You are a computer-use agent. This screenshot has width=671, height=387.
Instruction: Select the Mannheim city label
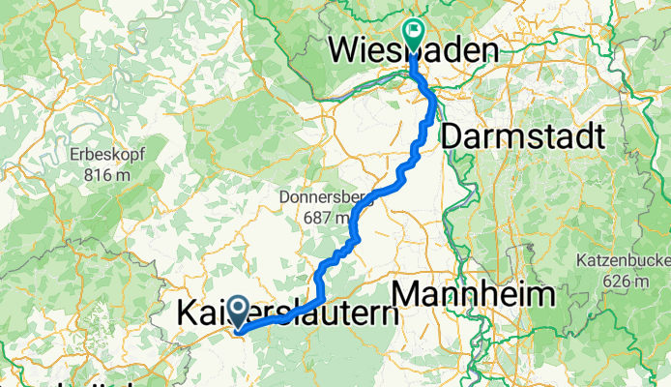(x=474, y=294)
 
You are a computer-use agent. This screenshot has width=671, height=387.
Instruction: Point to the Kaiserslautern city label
(x=288, y=314)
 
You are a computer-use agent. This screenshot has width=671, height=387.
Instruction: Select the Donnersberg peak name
(x=318, y=197)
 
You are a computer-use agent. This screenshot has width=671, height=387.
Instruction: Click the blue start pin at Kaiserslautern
(x=238, y=314)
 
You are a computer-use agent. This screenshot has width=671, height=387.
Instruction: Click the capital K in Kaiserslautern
(x=190, y=314)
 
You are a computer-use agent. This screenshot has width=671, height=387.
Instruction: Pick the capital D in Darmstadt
(x=452, y=137)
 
